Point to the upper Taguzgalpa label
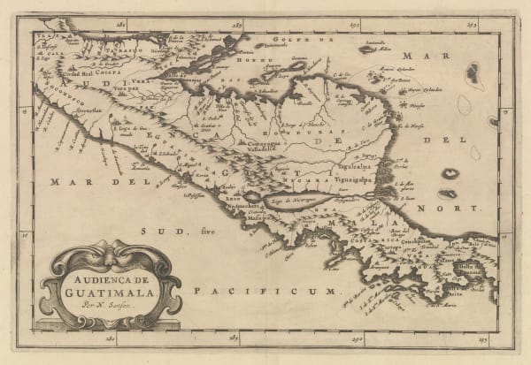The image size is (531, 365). [353, 164]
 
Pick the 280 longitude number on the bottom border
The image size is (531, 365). [111, 338]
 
